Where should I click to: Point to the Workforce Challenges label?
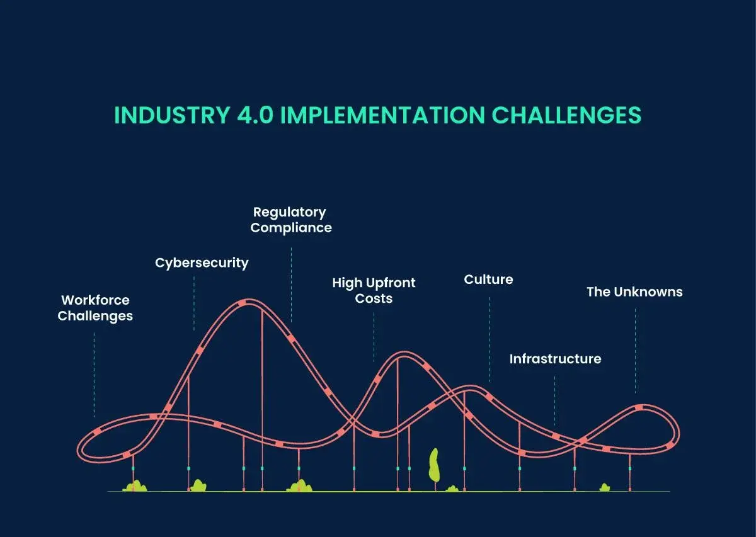click(x=95, y=308)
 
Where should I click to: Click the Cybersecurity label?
click(x=202, y=263)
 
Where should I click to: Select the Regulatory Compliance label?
click(x=290, y=220)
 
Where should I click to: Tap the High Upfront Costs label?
click(x=374, y=290)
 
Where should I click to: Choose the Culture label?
click(x=488, y=279)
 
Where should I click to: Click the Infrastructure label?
click(x=555, y=359)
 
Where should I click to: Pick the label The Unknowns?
click(x=634, y=291)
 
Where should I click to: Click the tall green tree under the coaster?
click(x=433, y=465)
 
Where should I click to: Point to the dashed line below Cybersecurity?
click(x=193, y=302)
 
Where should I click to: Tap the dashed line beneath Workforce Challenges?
click(x=94, y=375)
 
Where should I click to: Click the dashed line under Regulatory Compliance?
click(x=291, y=283)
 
